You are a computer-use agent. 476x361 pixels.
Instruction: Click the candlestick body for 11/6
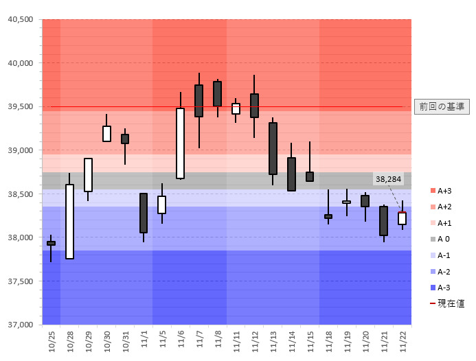point(181,143)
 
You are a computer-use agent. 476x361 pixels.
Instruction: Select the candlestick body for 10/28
point(69,221)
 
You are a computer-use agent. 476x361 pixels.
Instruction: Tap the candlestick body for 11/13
point(273,148)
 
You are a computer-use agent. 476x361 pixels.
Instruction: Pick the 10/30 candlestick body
point(106,133)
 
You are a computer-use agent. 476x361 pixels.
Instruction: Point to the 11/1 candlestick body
point(144,213)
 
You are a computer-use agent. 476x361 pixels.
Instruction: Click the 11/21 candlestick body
point(383,220)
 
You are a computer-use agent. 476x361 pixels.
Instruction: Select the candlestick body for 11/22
point(402,218)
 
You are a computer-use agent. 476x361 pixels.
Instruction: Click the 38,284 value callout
point(388,179)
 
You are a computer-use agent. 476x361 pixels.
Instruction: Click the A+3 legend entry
point(444,191)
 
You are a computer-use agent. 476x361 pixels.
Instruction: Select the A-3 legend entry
point(444,287)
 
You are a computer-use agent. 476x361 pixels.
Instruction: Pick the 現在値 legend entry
point(447,303)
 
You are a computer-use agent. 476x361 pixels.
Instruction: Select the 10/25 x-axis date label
point(52,340)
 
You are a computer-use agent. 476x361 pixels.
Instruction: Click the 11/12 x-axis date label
point(254,340)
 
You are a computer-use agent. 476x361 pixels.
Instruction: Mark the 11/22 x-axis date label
point(402,340)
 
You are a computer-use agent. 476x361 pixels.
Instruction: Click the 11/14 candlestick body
point(291,174)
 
